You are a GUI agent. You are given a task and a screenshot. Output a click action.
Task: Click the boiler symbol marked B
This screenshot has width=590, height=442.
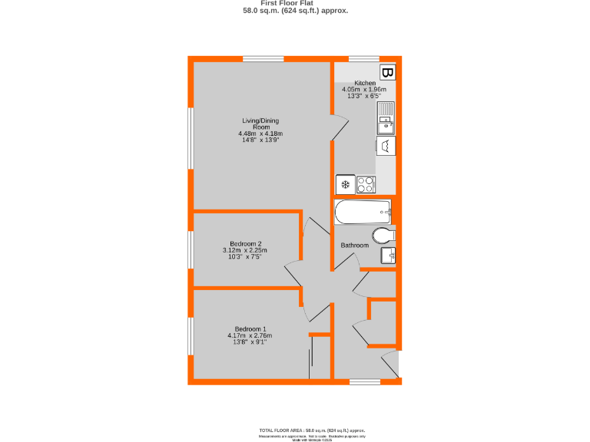click(x=388, y=73)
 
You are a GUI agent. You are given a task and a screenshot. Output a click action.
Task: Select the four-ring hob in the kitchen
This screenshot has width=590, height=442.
click(x=366, y=184)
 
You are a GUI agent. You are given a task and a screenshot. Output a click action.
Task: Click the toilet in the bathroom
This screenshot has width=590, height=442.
click(x=383, y=234)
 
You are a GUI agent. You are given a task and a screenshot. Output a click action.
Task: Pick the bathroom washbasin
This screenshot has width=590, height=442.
click(x=387, y=255)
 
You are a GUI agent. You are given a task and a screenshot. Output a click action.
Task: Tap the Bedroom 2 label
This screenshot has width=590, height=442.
click(x=246, y=244)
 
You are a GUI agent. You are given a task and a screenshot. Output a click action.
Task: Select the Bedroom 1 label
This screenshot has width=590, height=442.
click(x=250, y=328)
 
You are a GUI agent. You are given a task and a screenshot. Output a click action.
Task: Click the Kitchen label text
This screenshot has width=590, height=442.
click(x=364, y=83)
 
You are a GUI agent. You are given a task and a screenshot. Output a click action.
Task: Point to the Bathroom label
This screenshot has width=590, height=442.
click(x=355, y=246)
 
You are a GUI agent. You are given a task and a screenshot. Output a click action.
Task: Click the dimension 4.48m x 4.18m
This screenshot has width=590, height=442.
click(x=261, y=134)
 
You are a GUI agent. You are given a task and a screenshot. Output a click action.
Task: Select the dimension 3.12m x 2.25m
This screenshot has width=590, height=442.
click(x=246, y=250)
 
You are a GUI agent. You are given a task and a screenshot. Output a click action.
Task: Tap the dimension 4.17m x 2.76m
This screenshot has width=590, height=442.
click(x=250, y=335)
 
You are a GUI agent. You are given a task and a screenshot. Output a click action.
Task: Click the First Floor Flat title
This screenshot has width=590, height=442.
click(x=295, y=4)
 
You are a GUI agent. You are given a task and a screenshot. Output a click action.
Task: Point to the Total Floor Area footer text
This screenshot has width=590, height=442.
click(x=311, y=430)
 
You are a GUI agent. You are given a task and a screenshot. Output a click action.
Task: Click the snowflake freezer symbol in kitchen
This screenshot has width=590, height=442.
click(x=345, y=184)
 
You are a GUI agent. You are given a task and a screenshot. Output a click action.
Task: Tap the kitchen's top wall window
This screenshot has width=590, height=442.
click(x=364, y=59)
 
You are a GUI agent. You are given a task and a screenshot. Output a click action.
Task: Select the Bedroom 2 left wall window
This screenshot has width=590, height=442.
click(x=191, y=249)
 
